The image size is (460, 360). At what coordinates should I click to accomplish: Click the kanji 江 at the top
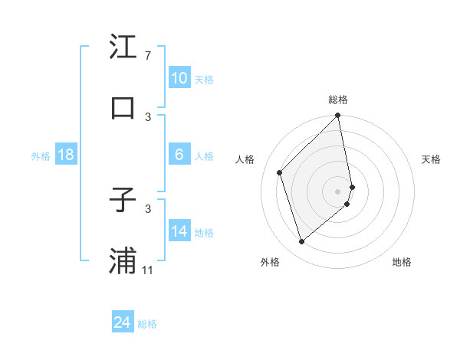pyautogui.click(x=123, y=47)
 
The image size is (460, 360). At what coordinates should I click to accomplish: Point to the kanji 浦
pyautogui.click(x=123, y=260)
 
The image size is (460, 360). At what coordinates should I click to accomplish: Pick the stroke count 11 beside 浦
pyautogui.click(x=148, y=270)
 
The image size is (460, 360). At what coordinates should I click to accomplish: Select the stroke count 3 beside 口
pyautogui.click(x=148, y=116)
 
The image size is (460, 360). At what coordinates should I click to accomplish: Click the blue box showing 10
pyautogui.click(x=179, y=78)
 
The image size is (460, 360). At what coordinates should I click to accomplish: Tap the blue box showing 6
pyautogui.click(x=179, y=155)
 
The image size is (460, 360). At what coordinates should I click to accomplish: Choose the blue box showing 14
pyautogui.click(x=179, y=231)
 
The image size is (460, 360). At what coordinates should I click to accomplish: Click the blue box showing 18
pyautogui.click(x=66, y=155)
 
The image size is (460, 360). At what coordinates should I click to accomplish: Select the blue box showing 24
pyautogui.click(x=123, y=322)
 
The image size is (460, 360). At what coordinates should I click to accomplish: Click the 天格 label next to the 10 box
pyautogui.click(x=204, y=79)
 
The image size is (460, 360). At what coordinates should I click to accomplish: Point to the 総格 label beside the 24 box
pyautogui.click(x=148, y=324)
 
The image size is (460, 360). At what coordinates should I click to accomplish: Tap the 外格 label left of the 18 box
pyautogui.click(x=41, y=155)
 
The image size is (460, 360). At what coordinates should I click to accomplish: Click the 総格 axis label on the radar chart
pyautogui.click(x=338, y=100)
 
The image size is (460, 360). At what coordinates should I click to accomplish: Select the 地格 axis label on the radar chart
pyautogui.click(x=402, y=262)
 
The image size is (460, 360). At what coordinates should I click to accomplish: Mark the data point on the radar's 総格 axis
pyautogui.click(x=338, y=116)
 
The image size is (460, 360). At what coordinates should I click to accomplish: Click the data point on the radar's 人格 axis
pyautogui.click(x=280, y=172)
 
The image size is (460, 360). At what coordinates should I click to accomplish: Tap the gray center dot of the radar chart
pyautogui.click(x=338, y=191)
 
